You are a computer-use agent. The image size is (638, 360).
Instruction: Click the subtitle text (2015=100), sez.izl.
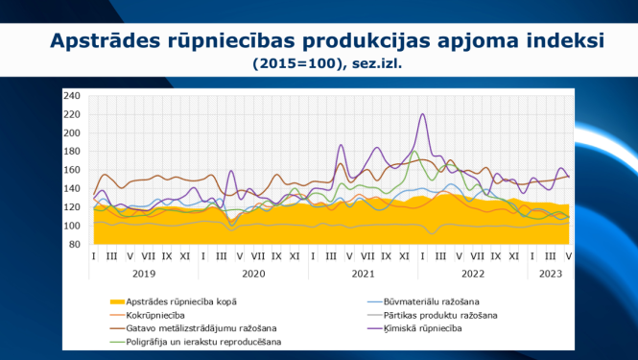pyautogui.click(x=326, y=64)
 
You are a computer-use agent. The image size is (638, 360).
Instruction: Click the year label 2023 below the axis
pyautogui.click(x=550, y=273)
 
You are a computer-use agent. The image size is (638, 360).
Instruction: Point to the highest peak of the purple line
pyautogui.click(x=423, y=114)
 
